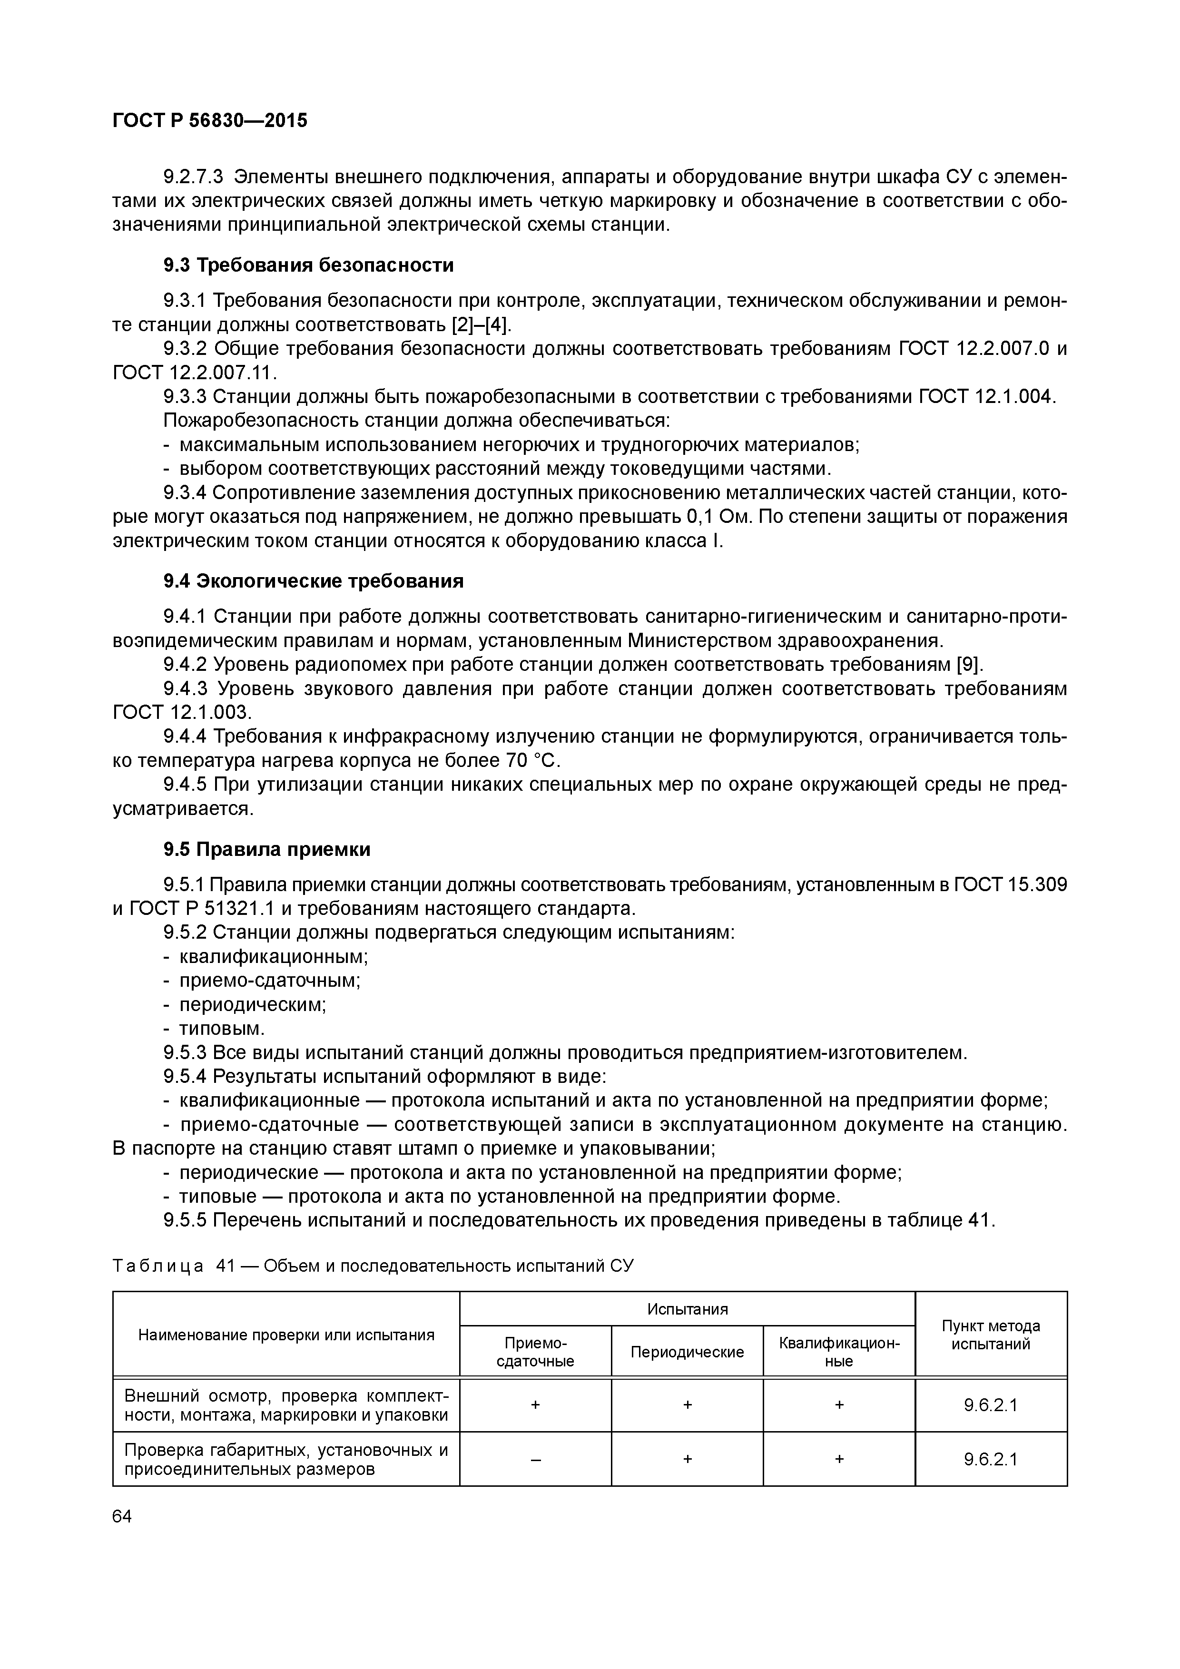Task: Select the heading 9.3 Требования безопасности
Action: [308, 265]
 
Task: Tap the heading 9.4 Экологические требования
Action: [314, 581]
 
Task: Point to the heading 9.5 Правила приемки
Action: [267, 849]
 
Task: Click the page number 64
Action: [122, 1516]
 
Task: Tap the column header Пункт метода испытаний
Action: [990, 1335]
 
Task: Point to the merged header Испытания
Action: [687, 1308]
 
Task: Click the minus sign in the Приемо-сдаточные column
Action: [535, 1459]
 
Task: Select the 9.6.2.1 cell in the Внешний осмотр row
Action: [990, 1405]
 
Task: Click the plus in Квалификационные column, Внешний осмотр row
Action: [838, 1405]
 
